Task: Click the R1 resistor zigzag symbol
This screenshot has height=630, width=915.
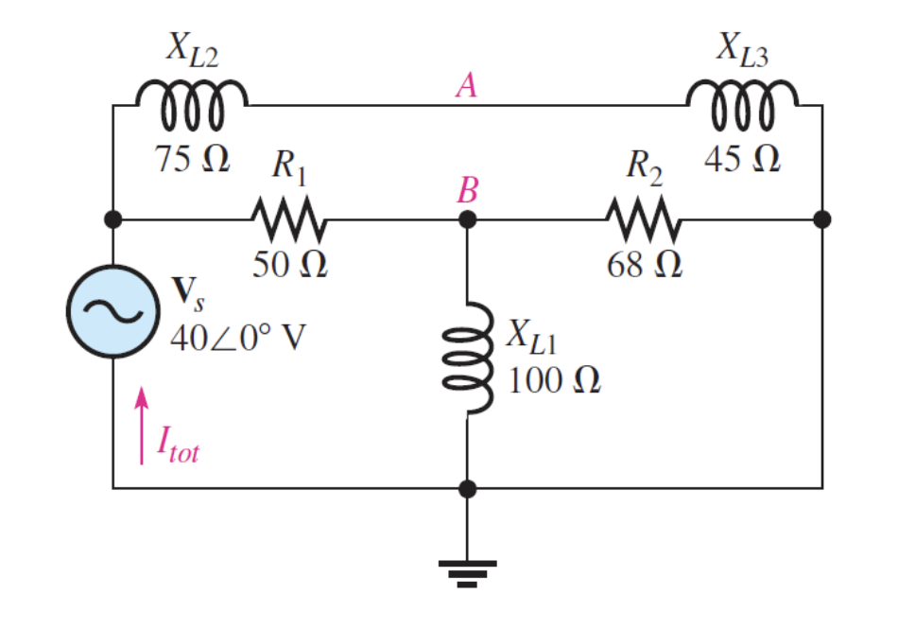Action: pos(289,219)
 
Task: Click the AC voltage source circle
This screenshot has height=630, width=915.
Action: pos(112,311)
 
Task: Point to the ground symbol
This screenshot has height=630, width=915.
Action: pos(467,570)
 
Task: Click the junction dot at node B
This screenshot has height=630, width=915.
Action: pos(467,219)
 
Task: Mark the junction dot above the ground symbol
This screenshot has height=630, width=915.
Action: pos(467,488)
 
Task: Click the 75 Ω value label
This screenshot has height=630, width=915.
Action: pos(193,160)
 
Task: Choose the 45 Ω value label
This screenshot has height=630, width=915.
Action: pos(742,160)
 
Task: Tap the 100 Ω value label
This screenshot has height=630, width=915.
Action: pos(554,381)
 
